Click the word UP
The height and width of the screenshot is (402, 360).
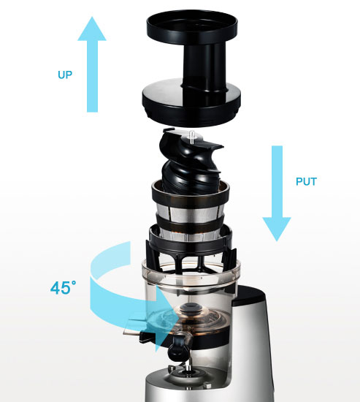click(65, 75)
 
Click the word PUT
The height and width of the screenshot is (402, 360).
click(306, 181)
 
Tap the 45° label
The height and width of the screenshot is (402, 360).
click(63, 288)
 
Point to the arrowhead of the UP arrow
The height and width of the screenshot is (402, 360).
click(92, 29)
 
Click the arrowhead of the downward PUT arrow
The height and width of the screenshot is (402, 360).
click(277, 229)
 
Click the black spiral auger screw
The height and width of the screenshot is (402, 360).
click(191, 164)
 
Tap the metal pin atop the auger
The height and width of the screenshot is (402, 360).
click(191, 135)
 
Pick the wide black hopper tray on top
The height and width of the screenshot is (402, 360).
click(192, 26)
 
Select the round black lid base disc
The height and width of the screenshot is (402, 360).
click(191, 102)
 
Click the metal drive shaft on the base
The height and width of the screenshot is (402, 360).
click(188, 366)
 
